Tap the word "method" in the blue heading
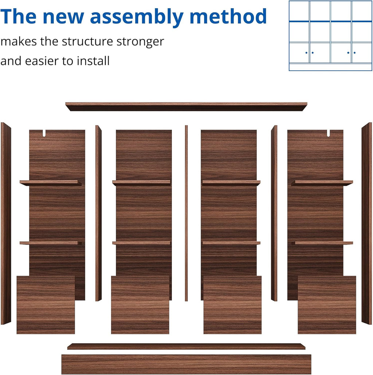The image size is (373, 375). coord(228,16)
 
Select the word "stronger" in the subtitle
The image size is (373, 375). coord(140,42)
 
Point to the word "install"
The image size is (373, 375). coord(93,61)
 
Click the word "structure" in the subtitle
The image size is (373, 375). coord(87,42)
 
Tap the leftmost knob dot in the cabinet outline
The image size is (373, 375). coord(306,52)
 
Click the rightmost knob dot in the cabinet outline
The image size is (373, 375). coord(354,52)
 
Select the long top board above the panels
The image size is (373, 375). coord(186,107)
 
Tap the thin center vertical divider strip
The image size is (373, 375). coord(186,213)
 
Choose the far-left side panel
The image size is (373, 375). coord(6,224)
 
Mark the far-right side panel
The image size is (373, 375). coord(367,224)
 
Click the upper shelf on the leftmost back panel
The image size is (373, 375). coord(51,183)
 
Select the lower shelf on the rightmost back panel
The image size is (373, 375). coord(322,243)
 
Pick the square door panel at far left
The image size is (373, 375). coord(46,305)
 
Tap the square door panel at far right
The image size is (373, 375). coord(327,305)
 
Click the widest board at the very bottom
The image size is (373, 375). coord(186,364)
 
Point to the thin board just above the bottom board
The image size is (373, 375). coord(186,347)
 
